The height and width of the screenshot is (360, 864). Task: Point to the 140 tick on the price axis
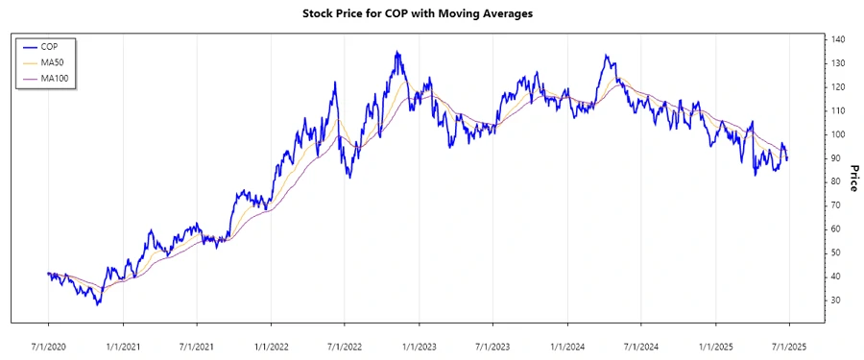pyautogui.click(x=838, y=39)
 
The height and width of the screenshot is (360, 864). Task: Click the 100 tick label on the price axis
pyautogui.click(x=838, y=134)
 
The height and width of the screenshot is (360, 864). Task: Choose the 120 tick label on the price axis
pyautogui.click(x=838, y=87)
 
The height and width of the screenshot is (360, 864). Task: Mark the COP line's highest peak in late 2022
pyautogui.click(x=396, y=52)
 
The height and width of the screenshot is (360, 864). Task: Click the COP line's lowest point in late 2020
pyautogui.click(x=97, y=305)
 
